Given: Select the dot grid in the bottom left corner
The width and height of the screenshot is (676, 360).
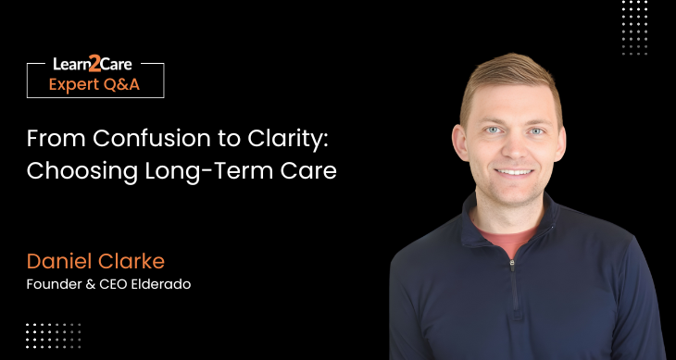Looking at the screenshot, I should point(53,334).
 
